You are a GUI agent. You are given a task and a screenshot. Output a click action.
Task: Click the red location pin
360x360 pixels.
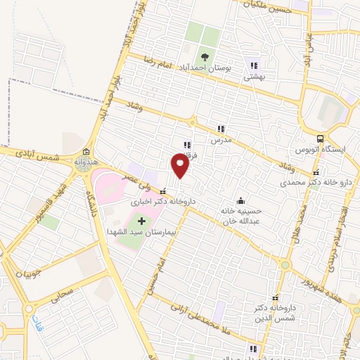(181, 166)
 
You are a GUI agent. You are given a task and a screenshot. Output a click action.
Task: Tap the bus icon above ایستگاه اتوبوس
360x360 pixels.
(321, 139)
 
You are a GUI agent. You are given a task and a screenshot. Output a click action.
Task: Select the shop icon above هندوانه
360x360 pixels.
(86, 152)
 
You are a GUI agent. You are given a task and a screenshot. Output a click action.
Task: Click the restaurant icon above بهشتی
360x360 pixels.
(253, 65)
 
